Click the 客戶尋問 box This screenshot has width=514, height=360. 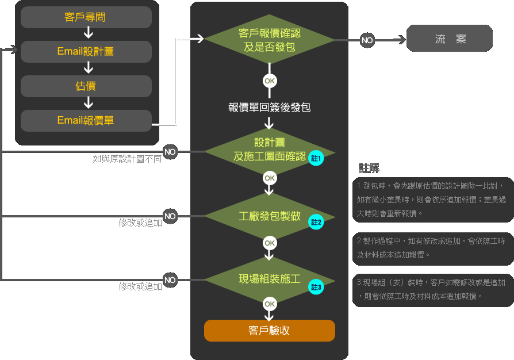(86, 17)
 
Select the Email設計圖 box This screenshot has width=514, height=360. (86, 52)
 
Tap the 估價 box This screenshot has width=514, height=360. (86, 86)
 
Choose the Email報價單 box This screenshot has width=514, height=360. (86, 120)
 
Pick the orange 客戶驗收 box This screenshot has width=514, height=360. (269, 331)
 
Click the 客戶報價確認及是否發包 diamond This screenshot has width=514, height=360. (269, 40)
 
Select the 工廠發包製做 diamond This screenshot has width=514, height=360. (269, 216)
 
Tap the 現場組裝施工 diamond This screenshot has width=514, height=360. (269, 279)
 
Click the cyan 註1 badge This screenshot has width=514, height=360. (316, 158)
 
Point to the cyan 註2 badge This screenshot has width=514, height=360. (316, 221)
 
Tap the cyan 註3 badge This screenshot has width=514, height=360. (316, 286)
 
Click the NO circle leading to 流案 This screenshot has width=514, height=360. (367, 40)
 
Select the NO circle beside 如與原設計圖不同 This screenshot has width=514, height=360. (170, 152)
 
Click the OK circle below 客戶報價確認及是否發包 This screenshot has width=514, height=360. (270, 81)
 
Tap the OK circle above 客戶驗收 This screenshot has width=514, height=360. (270, 304)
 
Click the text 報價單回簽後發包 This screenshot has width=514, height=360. (269, 107)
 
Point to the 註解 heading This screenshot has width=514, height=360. (369, 168)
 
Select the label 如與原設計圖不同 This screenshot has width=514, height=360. (127, 159)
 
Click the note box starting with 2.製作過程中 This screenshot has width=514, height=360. (432, 248)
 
